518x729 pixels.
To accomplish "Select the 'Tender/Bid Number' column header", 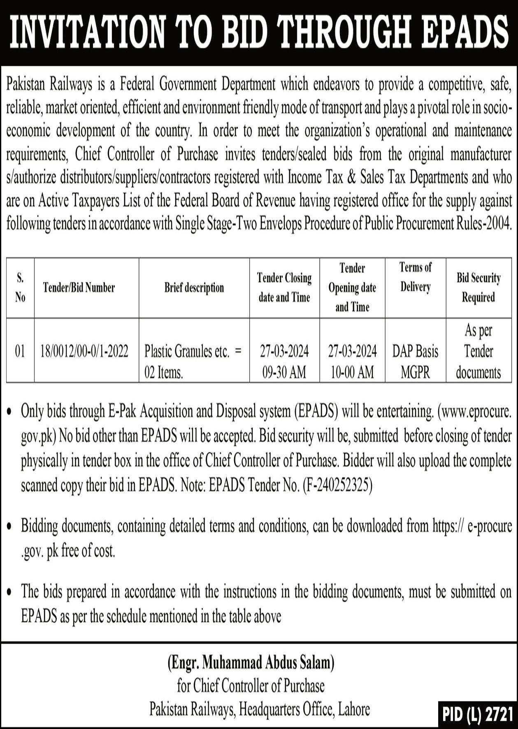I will pyautogui.click(x=79, y=288).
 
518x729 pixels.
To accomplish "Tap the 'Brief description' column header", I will pyautogui.click(x=194, y=288).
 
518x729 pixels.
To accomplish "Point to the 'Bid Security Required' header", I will pyautogui.click(x=479, y=288).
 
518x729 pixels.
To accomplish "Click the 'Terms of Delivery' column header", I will pyautogui.click(x=416, y=277).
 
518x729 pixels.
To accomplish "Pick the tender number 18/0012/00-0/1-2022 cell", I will pyautogui.click(x=84, y=351).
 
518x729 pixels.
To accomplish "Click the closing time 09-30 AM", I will pyautogui.click(x=284, y=372).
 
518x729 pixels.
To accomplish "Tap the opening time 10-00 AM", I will pyautogui.click(x=352, y=372).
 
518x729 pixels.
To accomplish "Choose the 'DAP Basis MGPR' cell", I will pyautogui.click(x=415, y=362).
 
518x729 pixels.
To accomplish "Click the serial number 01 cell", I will pyautogui.click(x=20, y=351).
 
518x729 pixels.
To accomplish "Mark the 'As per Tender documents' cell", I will pyautogui.click(x=479, y=351).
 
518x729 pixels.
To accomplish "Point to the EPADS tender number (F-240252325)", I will pyautogui.click(x=337, y=486).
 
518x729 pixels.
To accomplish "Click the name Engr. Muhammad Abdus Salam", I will pyautogui.click(x=251, y=663).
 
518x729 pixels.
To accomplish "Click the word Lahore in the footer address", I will pyautogui.click(x=353, y=709).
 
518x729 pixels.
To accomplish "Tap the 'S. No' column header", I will pyautogui.click(x=20, y=288).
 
